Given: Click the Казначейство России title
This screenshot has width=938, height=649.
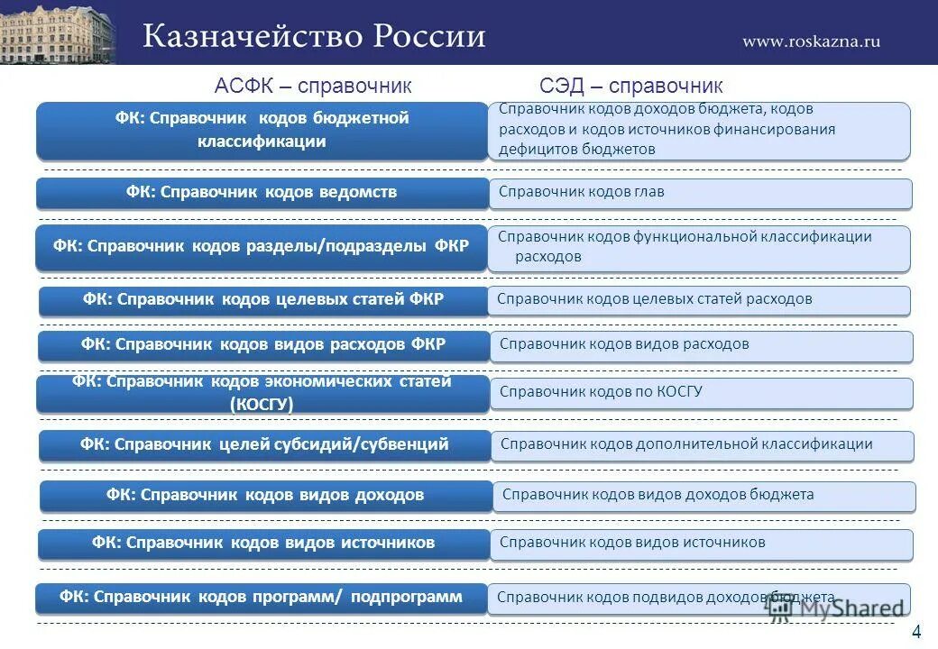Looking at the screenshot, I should (x=314, y=36).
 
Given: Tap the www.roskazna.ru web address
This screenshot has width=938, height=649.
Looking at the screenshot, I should (x=811, y=41).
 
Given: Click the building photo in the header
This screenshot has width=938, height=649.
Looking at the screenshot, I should (x=59, y=32).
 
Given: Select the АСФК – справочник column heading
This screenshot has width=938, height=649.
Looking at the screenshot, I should (x=313, y=86).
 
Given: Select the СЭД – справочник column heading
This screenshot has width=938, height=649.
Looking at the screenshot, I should (x=631, y=86).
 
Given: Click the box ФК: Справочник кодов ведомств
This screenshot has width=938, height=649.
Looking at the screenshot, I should (x=262, y=193).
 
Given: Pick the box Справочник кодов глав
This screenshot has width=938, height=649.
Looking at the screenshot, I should (x=700, y=193).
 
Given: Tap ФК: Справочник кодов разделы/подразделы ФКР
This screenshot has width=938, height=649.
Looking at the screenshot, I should (x=262, y=247).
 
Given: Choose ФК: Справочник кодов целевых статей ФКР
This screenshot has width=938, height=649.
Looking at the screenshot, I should (x=262, y=300).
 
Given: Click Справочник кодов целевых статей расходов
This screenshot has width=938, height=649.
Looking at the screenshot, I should (x=700, y=300).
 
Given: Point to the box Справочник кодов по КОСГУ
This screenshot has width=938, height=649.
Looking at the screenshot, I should (x=702, y=393).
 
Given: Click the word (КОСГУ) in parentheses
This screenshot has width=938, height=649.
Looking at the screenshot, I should (x=262, y=405).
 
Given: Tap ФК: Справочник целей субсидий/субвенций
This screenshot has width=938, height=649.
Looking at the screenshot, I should (x=264, y=445).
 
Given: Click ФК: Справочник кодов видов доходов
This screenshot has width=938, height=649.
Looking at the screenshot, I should (x=265, y=496).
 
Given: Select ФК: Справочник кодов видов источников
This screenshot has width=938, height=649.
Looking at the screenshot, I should (x=263, y=544).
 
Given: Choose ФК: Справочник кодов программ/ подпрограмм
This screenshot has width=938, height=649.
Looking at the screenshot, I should (x=262, y=598).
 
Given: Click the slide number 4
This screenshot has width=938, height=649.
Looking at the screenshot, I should (x=916, y=631).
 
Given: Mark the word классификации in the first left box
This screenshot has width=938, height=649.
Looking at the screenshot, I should (x=262, y=142).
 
